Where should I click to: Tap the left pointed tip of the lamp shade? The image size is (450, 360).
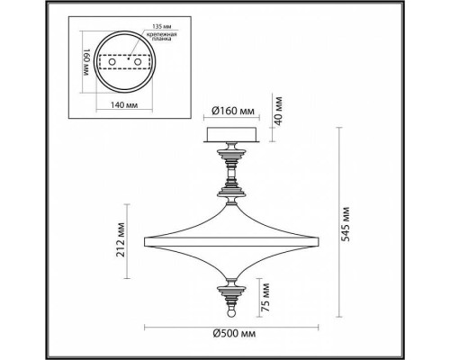tap(146, 238)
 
